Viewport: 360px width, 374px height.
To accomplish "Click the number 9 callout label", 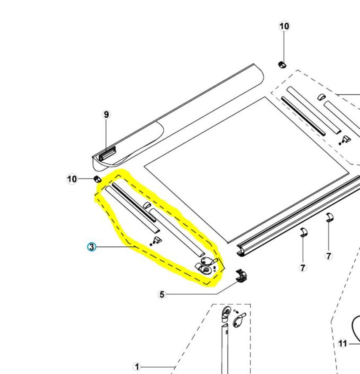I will click(107, 114).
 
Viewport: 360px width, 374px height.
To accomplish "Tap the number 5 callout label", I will click(162, 295).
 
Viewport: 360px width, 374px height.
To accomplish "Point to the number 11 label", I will click(342, 343).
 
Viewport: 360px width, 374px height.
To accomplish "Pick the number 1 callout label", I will click(137, 367).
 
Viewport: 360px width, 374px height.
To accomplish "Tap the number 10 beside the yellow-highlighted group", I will click(72, 179).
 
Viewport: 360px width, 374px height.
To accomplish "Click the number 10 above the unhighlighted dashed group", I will click(284, 26).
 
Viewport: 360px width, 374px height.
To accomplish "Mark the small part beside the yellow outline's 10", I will click(97, 179).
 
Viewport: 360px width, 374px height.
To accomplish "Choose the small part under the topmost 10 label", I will click(282, 64).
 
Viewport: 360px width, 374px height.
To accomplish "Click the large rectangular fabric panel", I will click(247, 168).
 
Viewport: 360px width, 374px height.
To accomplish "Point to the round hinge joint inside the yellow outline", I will click(206, 268).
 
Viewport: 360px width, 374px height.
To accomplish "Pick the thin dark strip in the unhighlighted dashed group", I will click(303, 116).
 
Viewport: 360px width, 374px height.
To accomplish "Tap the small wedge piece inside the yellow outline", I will click(157, 239).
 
